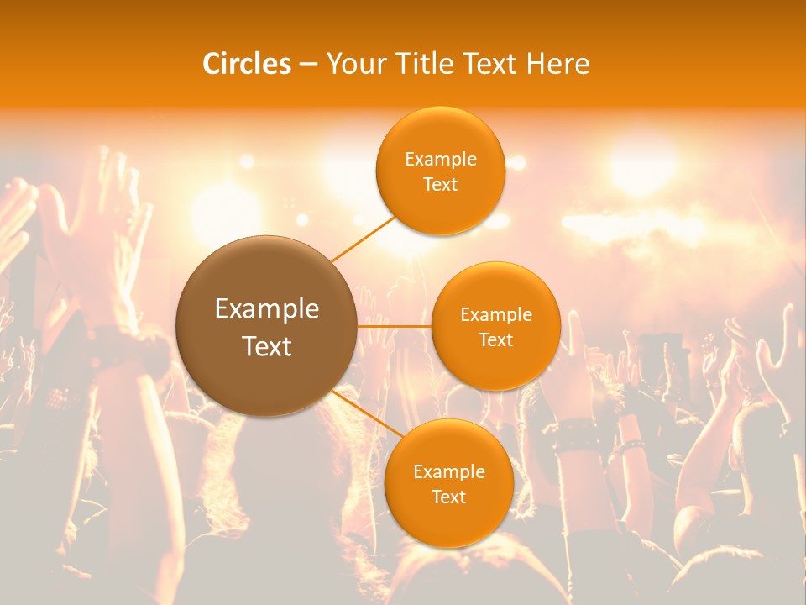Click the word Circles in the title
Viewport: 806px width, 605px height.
click(246, 64)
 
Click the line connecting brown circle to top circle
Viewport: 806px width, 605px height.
click(363, 237)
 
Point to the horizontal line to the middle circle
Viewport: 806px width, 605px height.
click(395, 325)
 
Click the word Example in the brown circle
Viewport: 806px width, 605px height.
click(266, 309)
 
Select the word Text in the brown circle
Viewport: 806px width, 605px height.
click(266, 346)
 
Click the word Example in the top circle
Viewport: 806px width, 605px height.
click(440, 160)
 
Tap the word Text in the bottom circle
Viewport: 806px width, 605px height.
click(448, 497)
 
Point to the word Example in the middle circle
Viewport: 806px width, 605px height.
click(495, 315)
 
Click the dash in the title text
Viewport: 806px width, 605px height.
click(307, 65)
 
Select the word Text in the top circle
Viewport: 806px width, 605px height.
click(440, 185)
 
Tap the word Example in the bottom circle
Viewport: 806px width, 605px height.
click(448, 471)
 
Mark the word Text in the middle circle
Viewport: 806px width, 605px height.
click(495, 340)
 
